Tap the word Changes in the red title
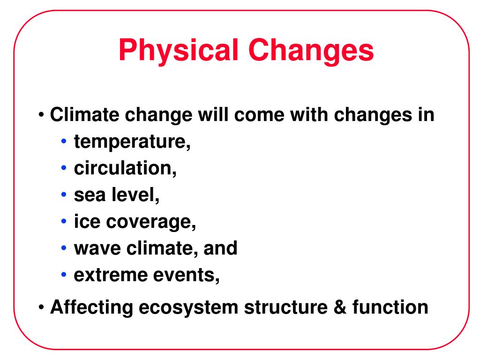(x=311, y=50)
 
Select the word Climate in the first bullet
(x=84, y=115)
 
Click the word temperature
(x=132, y=142)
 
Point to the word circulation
(x=125, y=168)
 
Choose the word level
(x=135, y=195)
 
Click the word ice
(x=87, y=221)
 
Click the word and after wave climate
(x=220, y=247)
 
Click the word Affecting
(x=91, y=307)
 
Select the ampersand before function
(x=340, y=307)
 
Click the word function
(x=390, y=307)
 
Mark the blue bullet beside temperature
(x=64, y=141)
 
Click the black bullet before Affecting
(x=41, y=307)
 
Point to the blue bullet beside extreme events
(x=64, y=274)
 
